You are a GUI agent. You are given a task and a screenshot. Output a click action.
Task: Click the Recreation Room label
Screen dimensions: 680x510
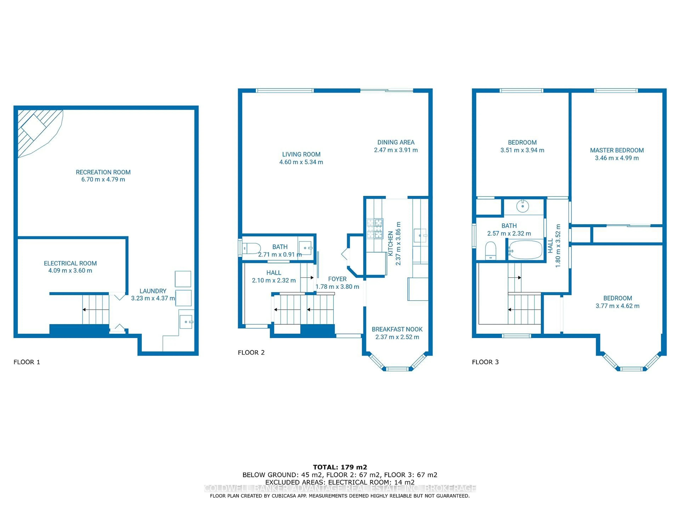click(x=103, y=172)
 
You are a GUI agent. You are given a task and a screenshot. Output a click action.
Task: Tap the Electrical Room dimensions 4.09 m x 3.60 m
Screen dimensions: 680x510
click(x=70, y=271)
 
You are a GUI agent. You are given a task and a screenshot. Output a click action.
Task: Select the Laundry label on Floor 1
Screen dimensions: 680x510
click(x=153, y=291)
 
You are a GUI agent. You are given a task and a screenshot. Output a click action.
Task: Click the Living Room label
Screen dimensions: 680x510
click(x=301, y=154)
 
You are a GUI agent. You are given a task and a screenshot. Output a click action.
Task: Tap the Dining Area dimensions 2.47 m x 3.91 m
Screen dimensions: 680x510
click(x=396, y=150)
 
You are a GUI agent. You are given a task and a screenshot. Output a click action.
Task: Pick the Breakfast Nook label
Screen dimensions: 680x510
click(x=397, y=329)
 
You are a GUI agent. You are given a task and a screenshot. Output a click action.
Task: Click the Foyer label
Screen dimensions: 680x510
click(x=337, y=279)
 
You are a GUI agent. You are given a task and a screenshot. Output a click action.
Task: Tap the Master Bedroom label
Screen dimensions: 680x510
click(x=617, y=150)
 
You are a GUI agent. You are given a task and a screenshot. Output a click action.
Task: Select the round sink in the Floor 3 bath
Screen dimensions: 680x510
click(x=522, y=206)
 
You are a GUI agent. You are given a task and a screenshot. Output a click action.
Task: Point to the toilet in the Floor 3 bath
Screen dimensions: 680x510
click(x=491, y=251)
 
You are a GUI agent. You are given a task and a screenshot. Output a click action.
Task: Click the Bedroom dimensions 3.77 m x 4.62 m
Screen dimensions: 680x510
click(x=618, y=306)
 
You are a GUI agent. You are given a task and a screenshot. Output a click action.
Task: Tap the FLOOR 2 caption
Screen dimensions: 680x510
click(x=251, y=353)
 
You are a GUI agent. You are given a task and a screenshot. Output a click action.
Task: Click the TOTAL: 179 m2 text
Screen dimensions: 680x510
click(x=340, y=467)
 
